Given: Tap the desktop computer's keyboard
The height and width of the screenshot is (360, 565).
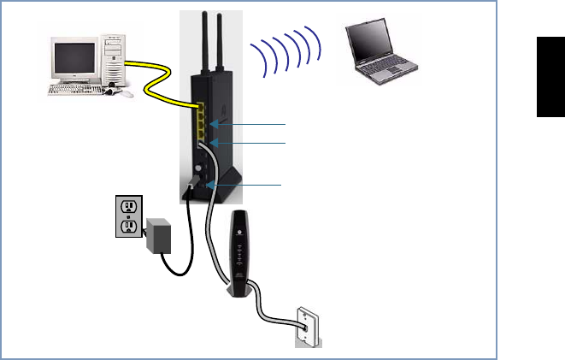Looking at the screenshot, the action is (80, 89).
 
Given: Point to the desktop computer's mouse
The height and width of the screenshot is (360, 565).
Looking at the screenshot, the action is (126, 93).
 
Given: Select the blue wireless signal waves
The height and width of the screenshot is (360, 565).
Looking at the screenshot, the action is (285, 52).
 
